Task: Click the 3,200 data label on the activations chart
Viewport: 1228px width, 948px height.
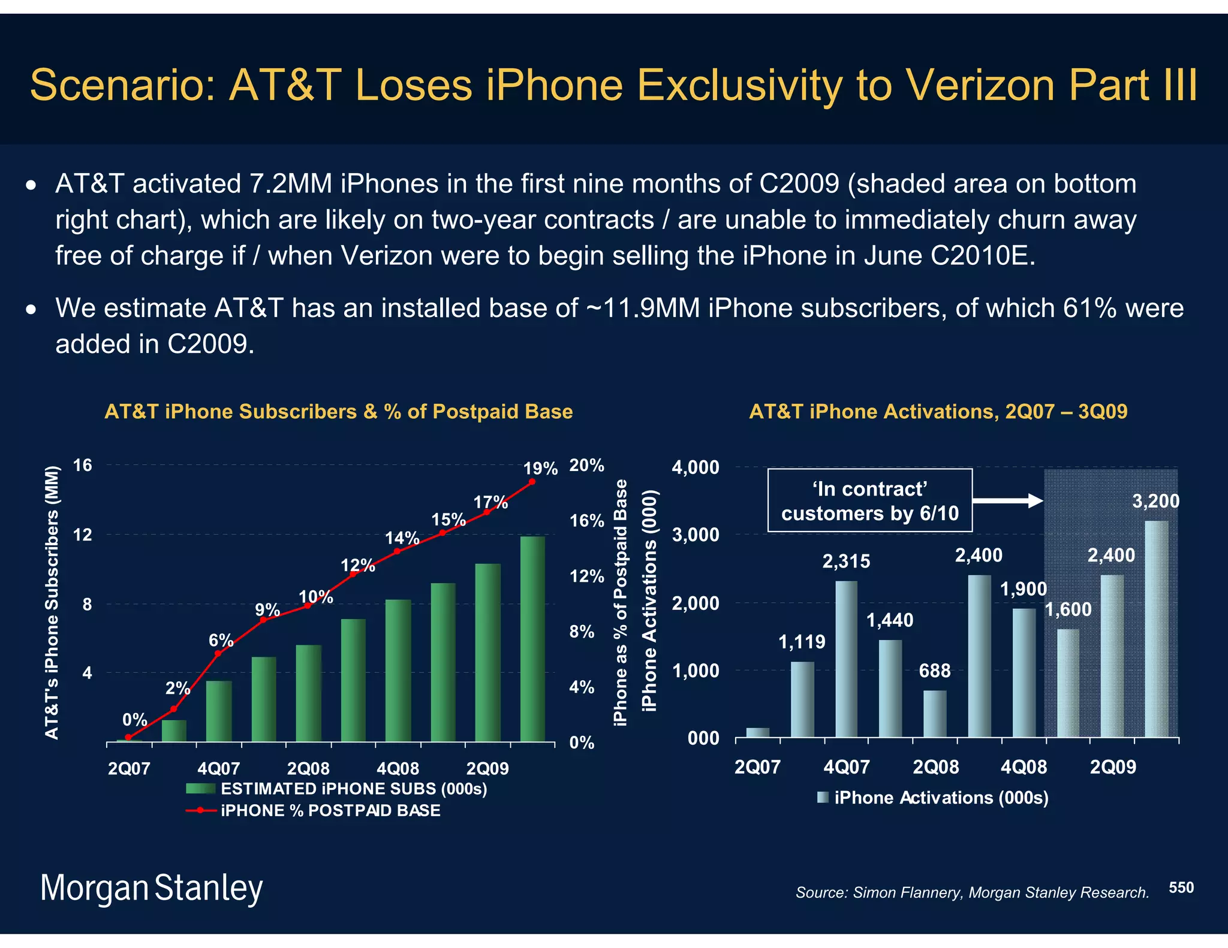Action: [x=1155, y=501]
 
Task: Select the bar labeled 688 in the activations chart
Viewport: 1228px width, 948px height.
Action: [x=934, y=714]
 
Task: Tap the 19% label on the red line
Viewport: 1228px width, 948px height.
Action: [x=540, y=469]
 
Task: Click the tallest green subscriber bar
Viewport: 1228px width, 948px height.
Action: [x=532, y=638]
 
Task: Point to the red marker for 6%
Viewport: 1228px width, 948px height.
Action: [x=218, y=653]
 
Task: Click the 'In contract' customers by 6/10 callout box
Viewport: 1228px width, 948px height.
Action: [x=869, y=501]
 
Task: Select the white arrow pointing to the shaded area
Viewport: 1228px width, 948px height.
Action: [x=1008, y=501]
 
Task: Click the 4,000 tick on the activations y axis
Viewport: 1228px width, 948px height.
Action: [x=696, y=467]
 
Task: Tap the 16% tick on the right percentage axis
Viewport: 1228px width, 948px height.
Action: [x=586, y=521]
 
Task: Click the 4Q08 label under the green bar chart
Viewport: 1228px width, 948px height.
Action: [x=398, y=769]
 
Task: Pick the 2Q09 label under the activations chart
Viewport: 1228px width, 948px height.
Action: [x=1113, y=767]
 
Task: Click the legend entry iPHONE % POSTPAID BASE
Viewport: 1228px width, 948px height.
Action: [x=330, y=811]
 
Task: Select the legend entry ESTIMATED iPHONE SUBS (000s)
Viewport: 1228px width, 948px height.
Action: [x=354, y=789]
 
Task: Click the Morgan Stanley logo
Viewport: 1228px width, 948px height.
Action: [x=151, y=888]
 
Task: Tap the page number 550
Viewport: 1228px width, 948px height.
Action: [x=1181, y=887]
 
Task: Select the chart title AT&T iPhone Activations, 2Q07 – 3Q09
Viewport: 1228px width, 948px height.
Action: [x=938, y=412]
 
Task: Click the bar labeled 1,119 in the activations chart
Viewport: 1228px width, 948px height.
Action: [x=802, y=699]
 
